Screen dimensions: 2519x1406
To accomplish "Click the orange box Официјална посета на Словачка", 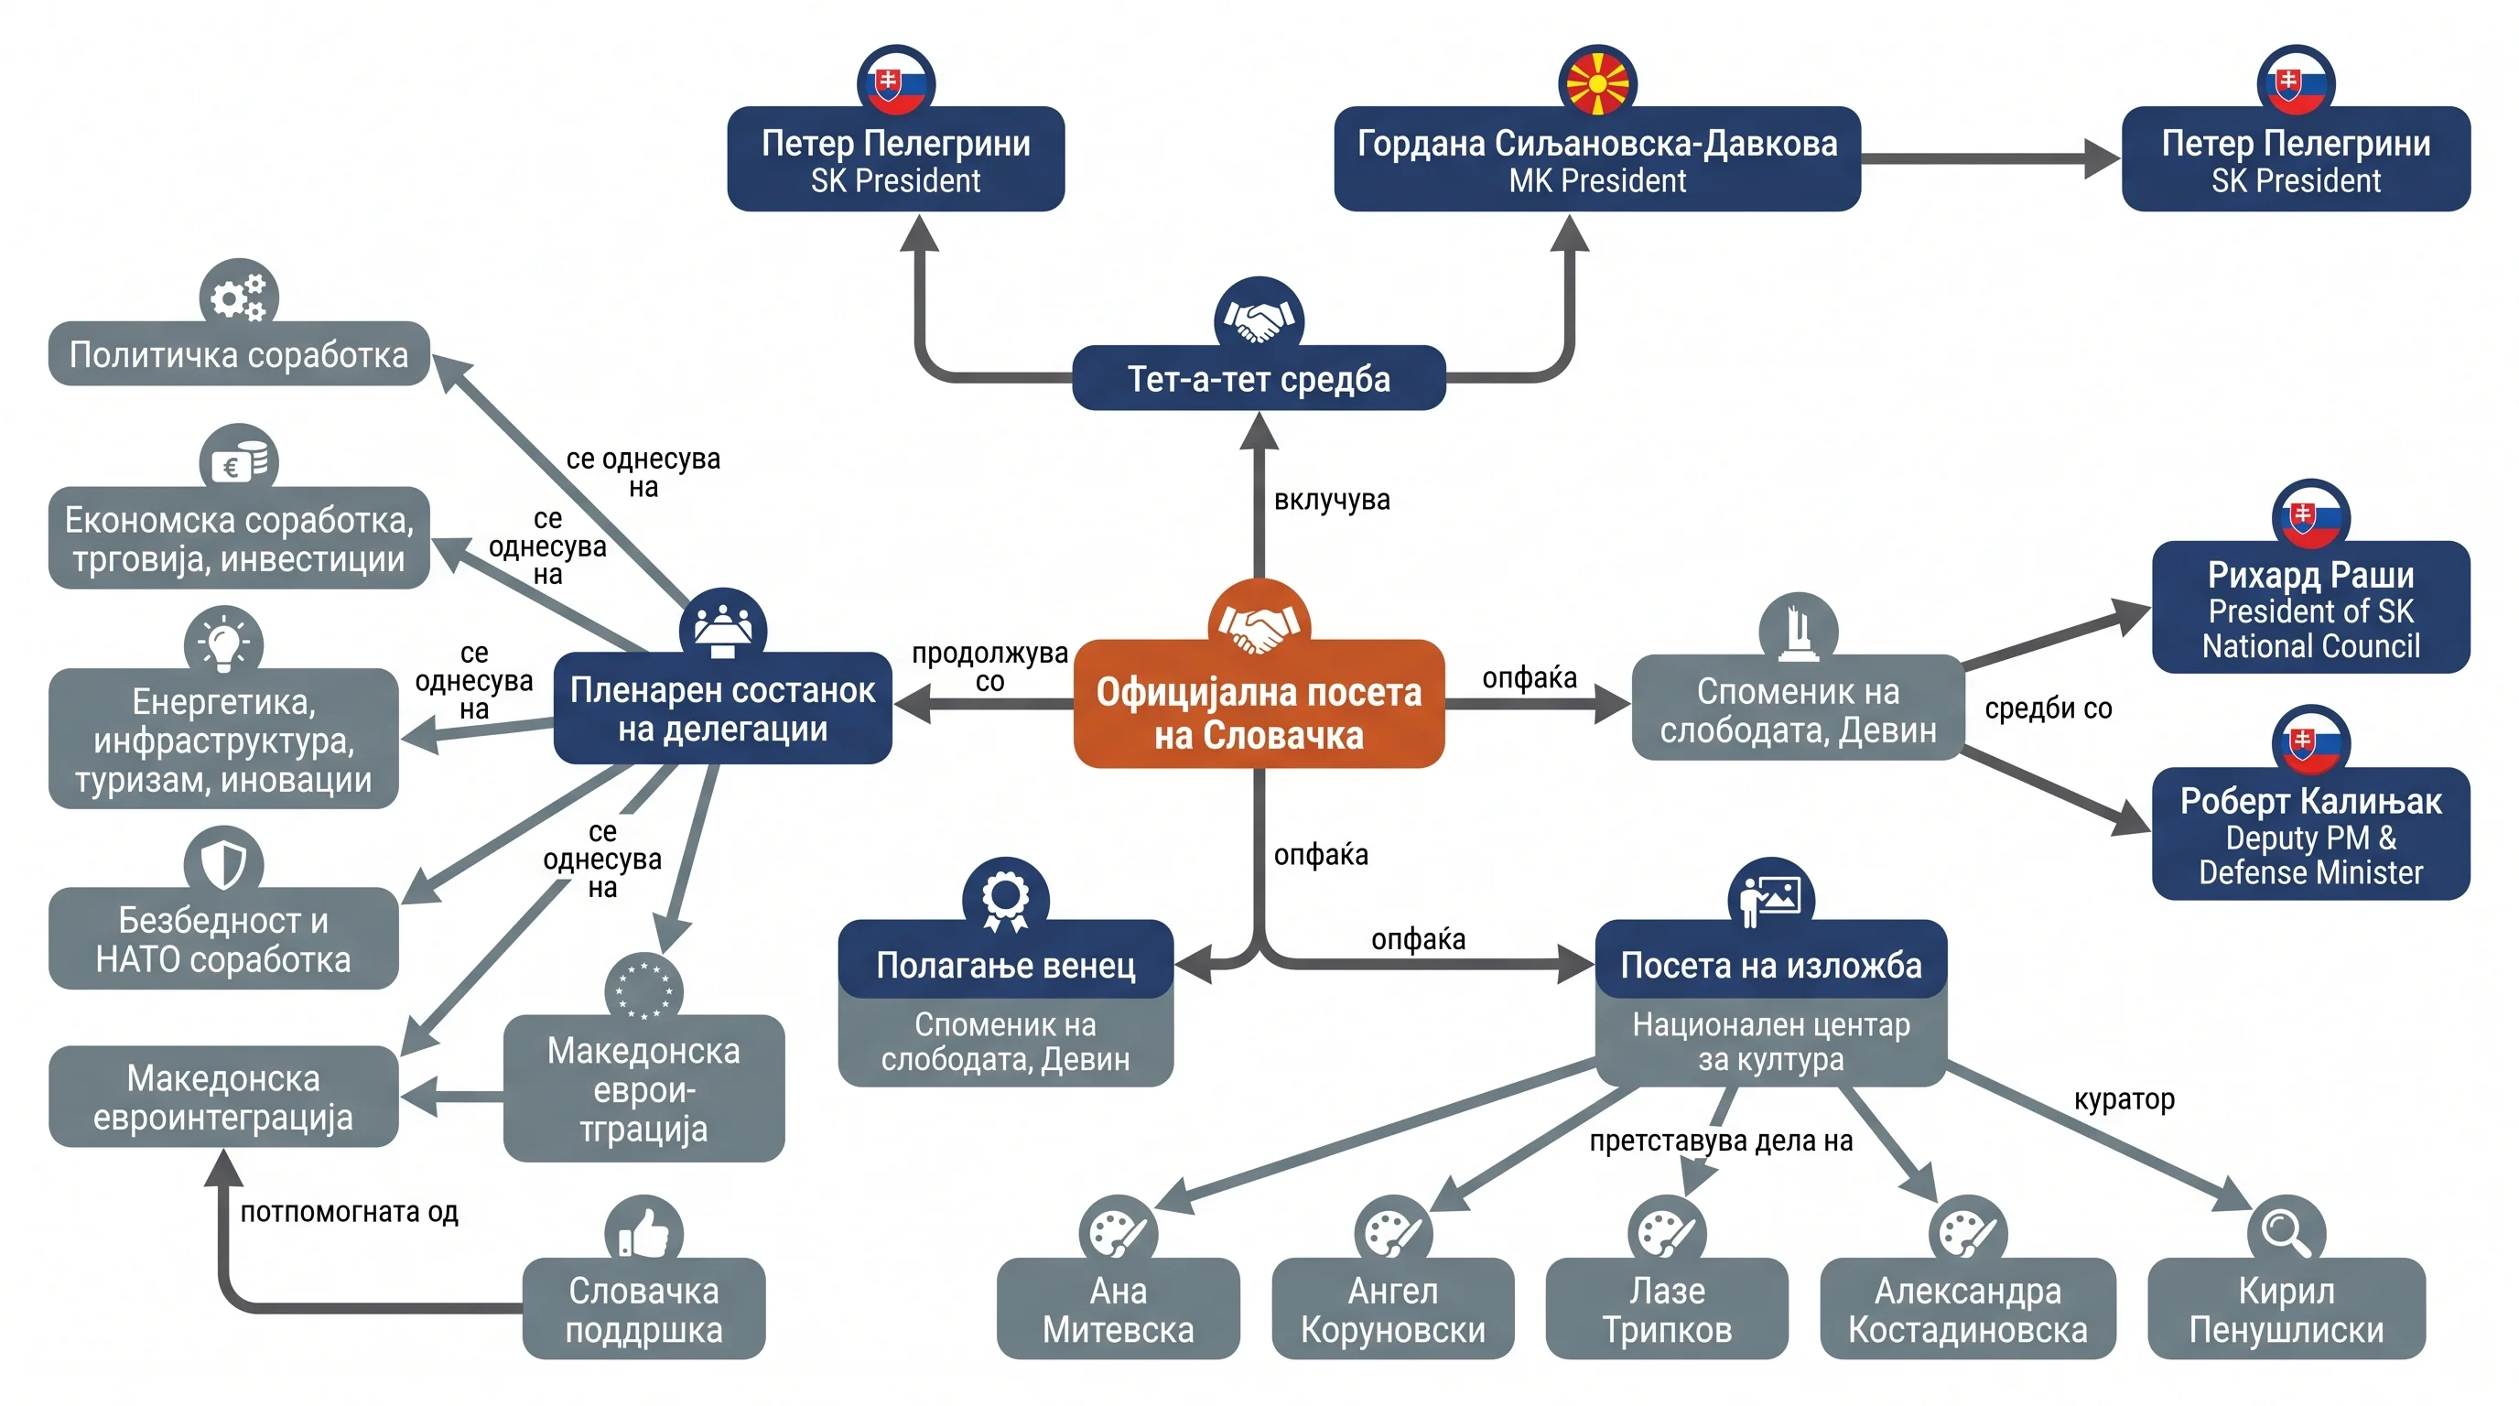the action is point(1259,704).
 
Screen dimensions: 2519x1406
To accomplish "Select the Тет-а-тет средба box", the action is point(1259,377).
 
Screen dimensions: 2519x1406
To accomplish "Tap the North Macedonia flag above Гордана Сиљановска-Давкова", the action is point(1597,82).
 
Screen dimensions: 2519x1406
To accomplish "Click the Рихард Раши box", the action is point(2310,607).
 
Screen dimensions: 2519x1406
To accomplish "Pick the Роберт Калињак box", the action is point(2310,834).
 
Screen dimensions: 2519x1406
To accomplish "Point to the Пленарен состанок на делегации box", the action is point(722,708).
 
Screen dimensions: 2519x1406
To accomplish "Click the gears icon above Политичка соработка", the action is point(239,297).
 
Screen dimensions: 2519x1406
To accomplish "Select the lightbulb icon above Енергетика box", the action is point(223,643).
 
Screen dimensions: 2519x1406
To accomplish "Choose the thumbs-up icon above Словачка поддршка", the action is point(643,1232).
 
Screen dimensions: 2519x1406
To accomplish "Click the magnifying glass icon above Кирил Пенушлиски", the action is point(2287,1232).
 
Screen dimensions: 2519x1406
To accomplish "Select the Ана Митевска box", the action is point(1118,1308).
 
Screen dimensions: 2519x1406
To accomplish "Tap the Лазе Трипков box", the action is point(1666,1308).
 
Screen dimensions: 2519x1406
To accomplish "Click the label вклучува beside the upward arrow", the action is point(1331,500).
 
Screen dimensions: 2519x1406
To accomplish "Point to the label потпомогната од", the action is point(349,1213).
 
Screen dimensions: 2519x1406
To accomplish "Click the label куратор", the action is point(2124,1100).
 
